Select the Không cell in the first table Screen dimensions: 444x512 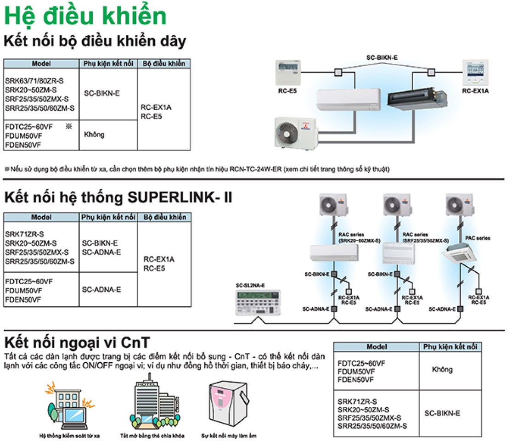pyautogui.click(x=94, y=135)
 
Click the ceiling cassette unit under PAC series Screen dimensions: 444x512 pyautogui.click(x=459, y=254)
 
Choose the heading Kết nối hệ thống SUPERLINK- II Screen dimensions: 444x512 pyautogui.click(x=118, y=197)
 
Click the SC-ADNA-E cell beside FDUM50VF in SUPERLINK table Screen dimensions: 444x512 pyautogui.click(x=101, y=290)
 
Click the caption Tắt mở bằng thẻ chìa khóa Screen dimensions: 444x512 pyautogui.click(x=152, y=435)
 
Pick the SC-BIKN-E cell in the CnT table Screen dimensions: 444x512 pyautogui.click(x=442, y=413)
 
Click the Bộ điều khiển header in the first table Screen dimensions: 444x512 pyautogui.click(x=164, y=64)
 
